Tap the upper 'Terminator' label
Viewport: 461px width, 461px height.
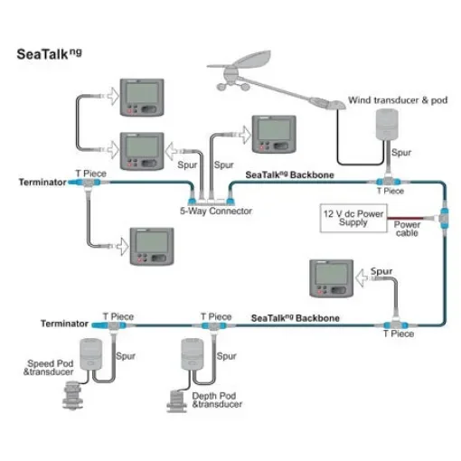(x=42, y=182)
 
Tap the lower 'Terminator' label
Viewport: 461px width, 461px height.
(x=64, y=323)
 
